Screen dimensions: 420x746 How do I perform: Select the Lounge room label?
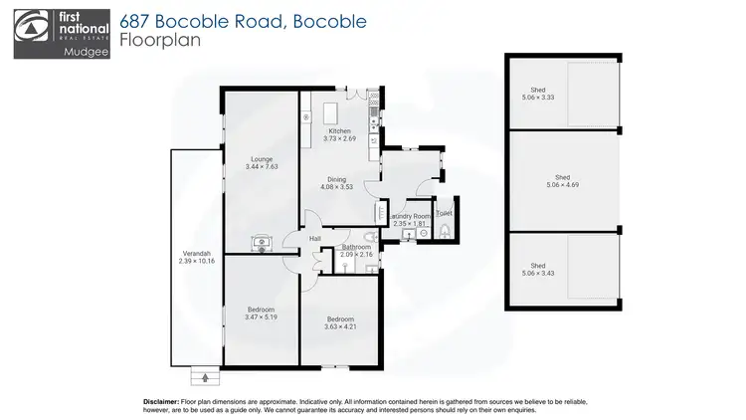[262, 159]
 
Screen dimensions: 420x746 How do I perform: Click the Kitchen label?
[340, 131]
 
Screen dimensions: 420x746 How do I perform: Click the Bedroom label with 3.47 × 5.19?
[260, 310]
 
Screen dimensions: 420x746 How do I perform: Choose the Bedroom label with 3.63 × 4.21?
[339, 320]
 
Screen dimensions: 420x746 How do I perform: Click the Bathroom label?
[355, 247]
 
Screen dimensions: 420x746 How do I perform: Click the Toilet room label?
[444, 213]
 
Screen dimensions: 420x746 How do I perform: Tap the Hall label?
[314, 239]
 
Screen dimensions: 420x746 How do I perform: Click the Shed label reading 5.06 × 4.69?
[563, 179]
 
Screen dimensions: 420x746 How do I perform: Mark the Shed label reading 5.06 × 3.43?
[538, 266]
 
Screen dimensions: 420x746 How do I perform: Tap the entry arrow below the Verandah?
[206, 376]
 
